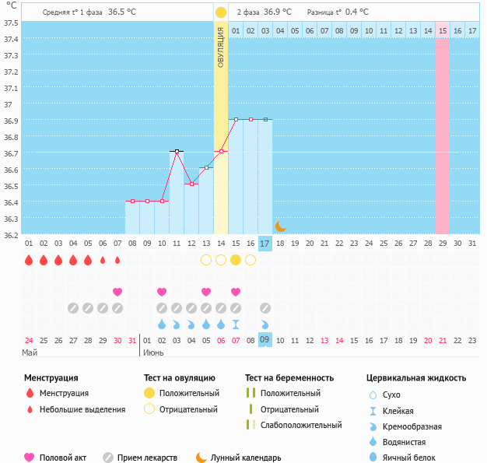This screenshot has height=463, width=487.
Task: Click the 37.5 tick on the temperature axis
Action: pos(11,23)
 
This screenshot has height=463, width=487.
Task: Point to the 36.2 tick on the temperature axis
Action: pos(11,234)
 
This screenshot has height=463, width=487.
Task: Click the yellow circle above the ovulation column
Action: pos(221,12)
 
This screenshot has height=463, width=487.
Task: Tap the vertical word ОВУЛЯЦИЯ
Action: pos(221,47)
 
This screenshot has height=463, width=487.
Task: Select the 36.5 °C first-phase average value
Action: pos(121,12)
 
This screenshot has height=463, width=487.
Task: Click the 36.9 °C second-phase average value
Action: pos(277,12)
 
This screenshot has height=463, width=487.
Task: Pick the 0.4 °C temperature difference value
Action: pos(357,12)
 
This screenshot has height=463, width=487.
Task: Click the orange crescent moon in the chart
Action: pos(280,226)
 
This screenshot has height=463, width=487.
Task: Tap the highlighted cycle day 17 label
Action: pos(265,244)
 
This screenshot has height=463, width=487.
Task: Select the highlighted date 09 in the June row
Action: pos(265,339)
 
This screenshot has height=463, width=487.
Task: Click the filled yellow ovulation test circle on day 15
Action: pos(236,260)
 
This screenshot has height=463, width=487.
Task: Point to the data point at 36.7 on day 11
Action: pos(177,151)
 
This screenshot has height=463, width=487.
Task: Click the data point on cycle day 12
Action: pos(191,184)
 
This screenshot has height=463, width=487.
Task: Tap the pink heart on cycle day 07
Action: pos(117,292)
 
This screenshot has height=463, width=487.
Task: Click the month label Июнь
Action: pos(152,353)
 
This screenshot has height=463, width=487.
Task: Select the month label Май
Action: pos(30,353)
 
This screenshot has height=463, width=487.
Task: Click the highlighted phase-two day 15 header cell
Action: pos(442,30)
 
